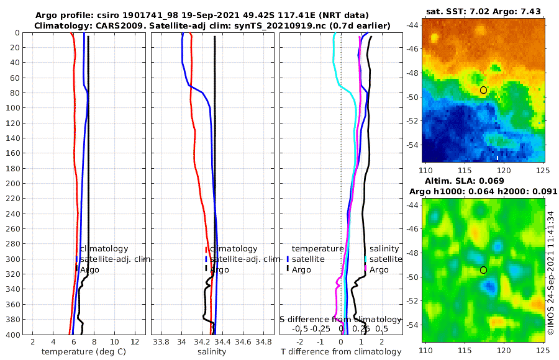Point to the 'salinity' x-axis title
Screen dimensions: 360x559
click(211, 352)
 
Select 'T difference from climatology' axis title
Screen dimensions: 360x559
click(342, 352)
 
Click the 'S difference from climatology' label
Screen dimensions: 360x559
click(341, 319)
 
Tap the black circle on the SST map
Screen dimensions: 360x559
click(483, 90)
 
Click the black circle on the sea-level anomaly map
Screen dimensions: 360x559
click(483, 270)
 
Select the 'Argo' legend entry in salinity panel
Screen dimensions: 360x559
click(219, 269)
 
